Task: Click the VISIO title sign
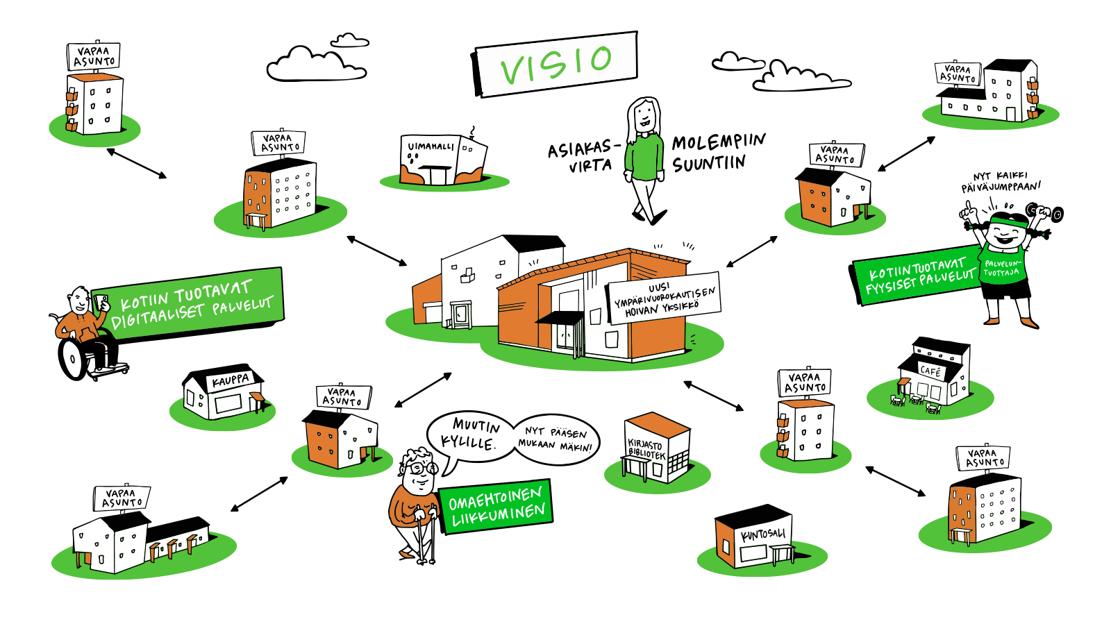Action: click(556, 63)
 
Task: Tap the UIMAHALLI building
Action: click(442, 162)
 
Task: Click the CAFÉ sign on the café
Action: click(930, 371)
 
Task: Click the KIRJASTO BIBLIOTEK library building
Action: click(656, 451)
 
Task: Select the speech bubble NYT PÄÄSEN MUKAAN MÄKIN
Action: click(555, 439)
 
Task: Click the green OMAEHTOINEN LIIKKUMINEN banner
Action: click(496, 507)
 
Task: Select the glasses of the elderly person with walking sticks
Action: click(420, 469)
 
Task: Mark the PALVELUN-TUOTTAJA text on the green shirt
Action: click(1001, 268)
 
